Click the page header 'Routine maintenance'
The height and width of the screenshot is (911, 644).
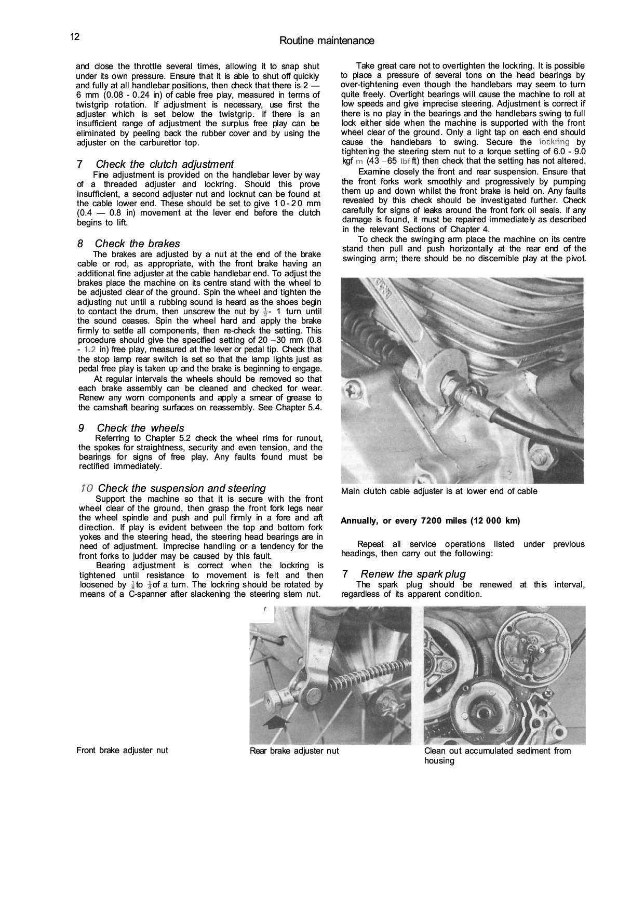[x=326, y=41]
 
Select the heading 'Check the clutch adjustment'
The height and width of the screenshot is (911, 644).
[x=165, y=164]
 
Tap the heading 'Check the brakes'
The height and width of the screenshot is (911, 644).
[x=137, y=244]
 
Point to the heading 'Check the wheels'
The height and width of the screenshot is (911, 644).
[x=140, y=428]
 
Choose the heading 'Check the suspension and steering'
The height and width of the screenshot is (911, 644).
[x=181, y=488]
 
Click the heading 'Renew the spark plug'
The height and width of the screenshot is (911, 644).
[x=413, y=574]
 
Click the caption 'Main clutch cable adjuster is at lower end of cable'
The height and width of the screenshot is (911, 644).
[x=439, y=491]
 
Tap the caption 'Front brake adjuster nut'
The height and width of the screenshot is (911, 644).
[x=122, y=751]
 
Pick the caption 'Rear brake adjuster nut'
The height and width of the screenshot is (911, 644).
[x=294, y=751]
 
